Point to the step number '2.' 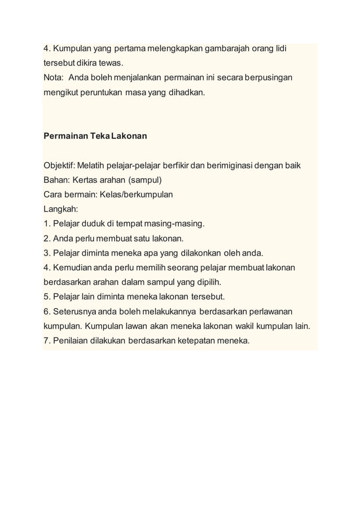pyautogui.click(x=47, y=238)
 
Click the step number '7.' pyautogui.click(x=47, y=340)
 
